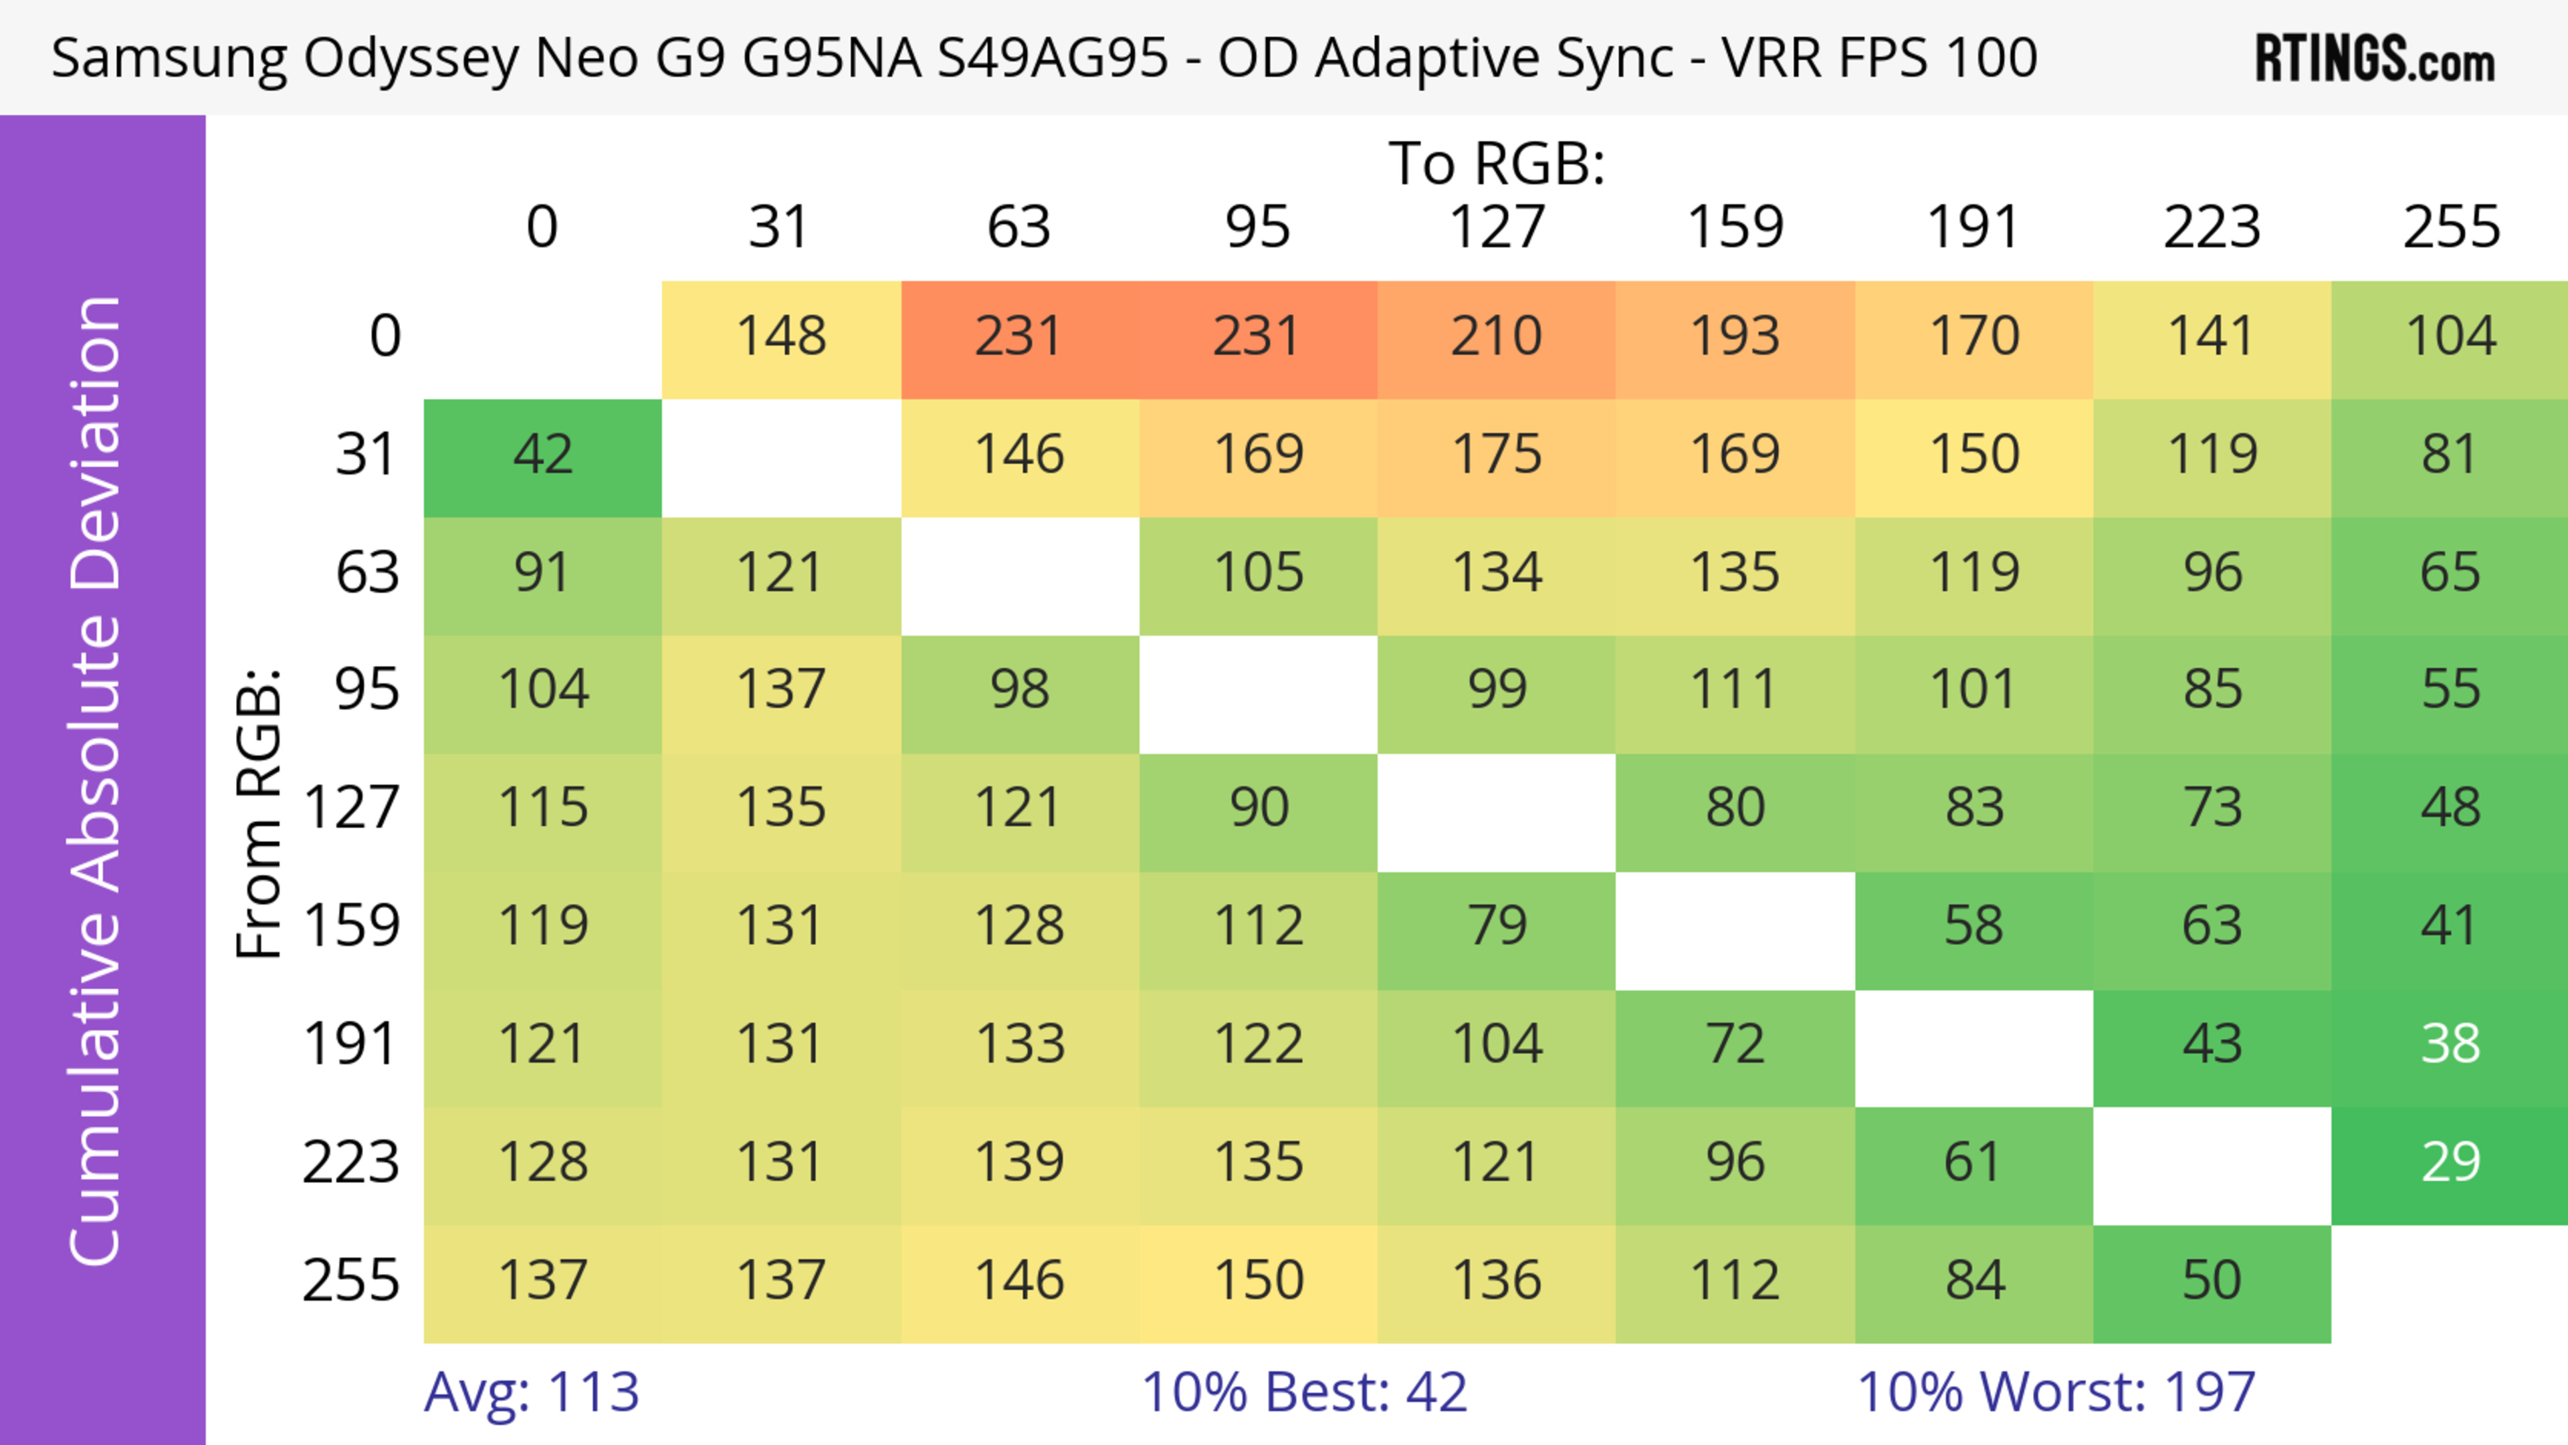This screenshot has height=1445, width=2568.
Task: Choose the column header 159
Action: click(1735, 227)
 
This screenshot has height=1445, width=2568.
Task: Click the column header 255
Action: click(2450, 227)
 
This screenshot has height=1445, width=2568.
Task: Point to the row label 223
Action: click(351, 1163)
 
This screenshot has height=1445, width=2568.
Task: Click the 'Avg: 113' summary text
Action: click(532, 1392)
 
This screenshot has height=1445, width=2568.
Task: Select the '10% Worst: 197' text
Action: click(2056, 1392)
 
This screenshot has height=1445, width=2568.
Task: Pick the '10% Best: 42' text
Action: click(1304, 1392)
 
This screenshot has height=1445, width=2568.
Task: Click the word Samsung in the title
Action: click(169, 58)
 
